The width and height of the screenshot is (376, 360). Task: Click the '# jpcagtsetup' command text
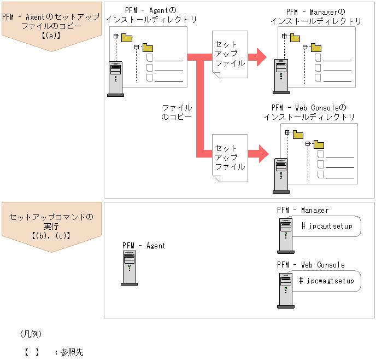click(x=327, y=225)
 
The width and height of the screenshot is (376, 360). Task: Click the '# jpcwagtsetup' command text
click(x=327, y=281)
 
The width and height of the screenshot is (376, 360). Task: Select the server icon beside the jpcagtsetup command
click(x=285, y=235)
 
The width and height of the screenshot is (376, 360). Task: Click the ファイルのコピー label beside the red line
click(x=177, y=112)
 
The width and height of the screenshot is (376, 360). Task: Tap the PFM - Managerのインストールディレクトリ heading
click(x=316, y=16)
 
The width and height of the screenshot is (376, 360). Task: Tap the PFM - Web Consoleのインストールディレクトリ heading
click(x=309, y=112)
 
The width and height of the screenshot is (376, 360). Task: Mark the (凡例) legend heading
click(x=31, y=334)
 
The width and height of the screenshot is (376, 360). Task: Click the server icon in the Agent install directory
click(x=115, y=78)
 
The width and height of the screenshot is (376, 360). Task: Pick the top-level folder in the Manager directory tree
click(x=295, y=38)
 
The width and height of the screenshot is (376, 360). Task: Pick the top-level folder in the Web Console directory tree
click(x=298, y=134)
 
